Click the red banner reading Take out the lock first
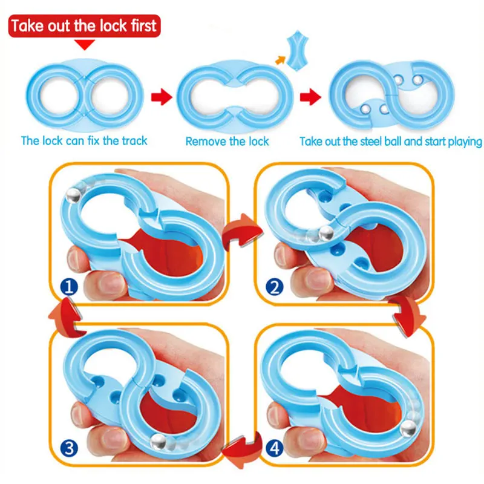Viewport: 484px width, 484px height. [84, 26]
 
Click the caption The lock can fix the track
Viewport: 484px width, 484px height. [84, 141]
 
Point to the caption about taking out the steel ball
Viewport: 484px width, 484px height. [391, 142]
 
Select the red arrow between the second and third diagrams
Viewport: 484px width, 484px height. [311, 96]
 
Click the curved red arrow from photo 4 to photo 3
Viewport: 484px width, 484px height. [237, 449]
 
